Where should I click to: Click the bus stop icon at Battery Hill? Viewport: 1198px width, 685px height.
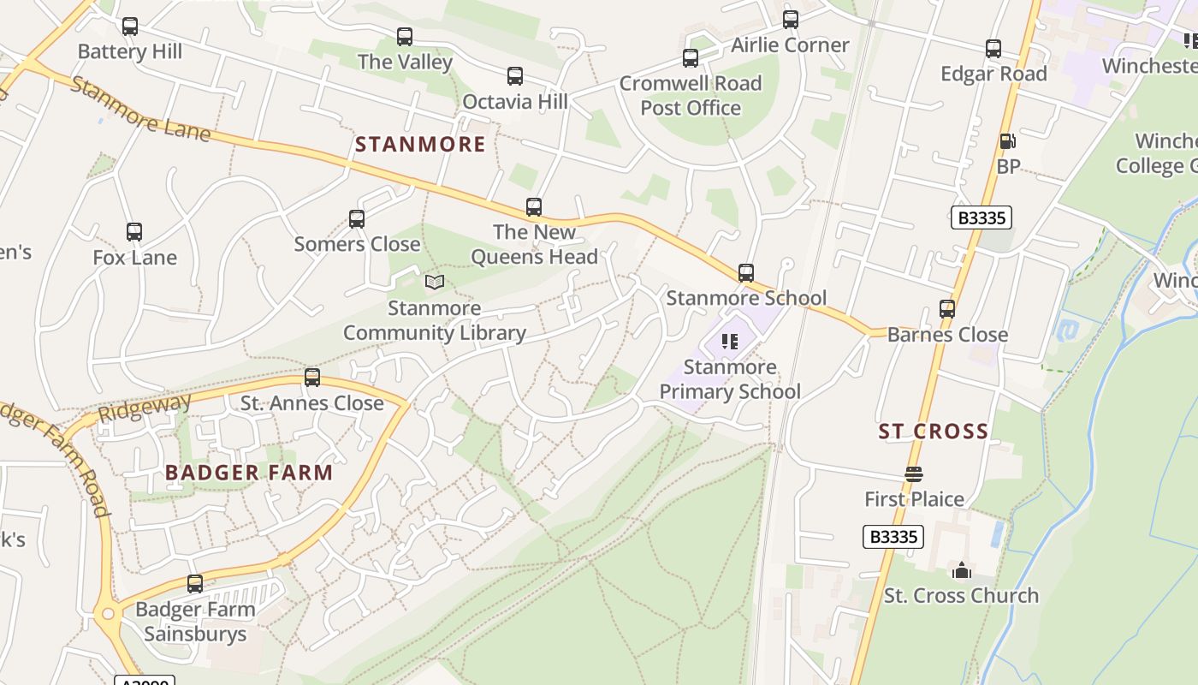(x=130, y=27)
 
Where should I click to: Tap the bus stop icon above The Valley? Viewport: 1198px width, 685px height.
(x=405, y=37)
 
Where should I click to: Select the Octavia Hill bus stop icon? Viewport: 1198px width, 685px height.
(x=515, y=76)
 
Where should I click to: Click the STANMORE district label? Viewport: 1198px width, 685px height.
(x=420, y=144)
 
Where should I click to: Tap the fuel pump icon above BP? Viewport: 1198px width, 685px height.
(x=1008, y=141)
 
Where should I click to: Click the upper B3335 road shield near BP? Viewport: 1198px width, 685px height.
(x=982, y=217)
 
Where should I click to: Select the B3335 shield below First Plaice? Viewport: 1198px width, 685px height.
(x=893, y=537)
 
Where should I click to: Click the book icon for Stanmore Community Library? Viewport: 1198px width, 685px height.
(x=435, y=282)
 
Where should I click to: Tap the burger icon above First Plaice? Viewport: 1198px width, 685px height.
(x=914, y=474)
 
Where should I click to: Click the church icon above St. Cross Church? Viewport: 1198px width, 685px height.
(x=961, y=569)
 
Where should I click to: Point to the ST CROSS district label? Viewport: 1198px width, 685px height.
(x=934, y=432)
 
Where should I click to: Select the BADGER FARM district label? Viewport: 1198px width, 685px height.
(x=249, y=473)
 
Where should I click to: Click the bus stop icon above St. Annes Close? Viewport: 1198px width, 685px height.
(x=312, y=378)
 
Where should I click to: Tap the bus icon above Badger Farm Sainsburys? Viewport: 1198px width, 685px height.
(x=195, y=584)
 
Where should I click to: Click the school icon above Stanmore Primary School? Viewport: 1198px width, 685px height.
(x=730, y=342)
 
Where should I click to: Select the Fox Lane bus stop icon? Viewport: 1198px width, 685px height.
(x=134, y=232)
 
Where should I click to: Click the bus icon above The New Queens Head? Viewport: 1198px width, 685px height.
(x=534, y=207)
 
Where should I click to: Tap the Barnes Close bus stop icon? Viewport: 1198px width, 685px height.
(x=947, y=309)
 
